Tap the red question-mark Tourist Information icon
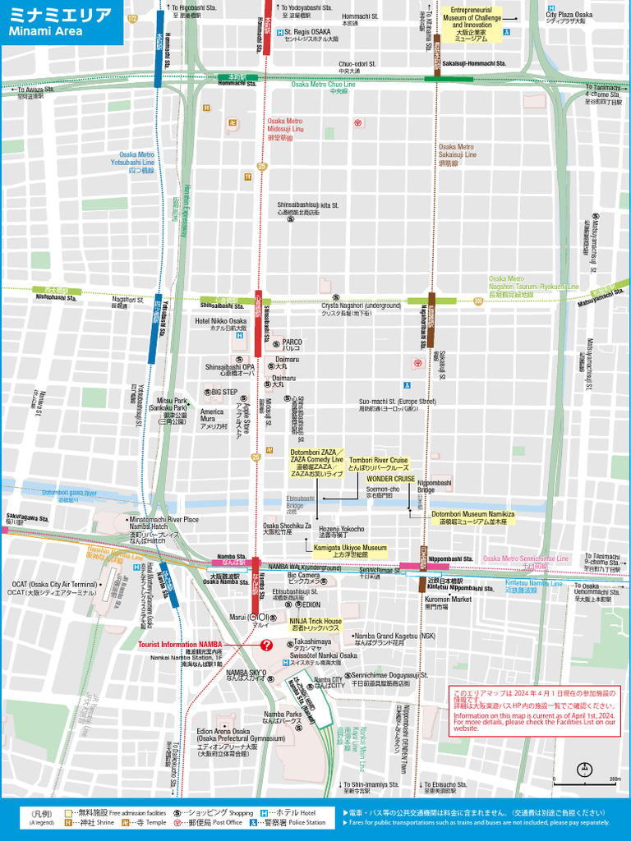click(x=266, y=646)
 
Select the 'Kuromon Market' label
click(x=448, y=600)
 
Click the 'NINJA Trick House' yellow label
click(x=315, y=622)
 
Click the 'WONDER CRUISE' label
click(x=390, y=478)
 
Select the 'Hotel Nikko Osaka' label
click(x=220, y=321)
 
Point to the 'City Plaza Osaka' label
click(x=569, y=15)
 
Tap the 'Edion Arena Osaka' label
click(x=223, y=731)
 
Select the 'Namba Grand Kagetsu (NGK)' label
click(x=394, y=636)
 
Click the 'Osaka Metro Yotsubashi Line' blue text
click(x=136, y=159)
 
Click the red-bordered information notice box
click(x=534, y=710)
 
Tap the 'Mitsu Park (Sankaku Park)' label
click(x=173, y=404)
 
